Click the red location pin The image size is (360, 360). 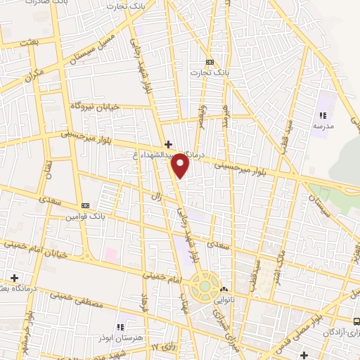point(181,165)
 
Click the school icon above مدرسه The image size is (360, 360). point(323,115)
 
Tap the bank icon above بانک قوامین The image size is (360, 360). point(86,205)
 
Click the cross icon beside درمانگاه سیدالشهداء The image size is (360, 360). point(167,143)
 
